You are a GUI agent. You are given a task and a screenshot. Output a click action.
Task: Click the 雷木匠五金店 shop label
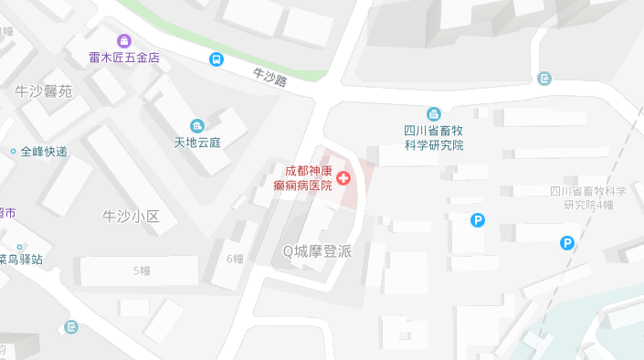[124, 58]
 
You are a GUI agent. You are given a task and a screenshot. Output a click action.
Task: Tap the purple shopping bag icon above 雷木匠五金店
[124, 41]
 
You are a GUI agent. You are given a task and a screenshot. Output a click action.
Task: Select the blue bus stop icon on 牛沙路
[216, 60]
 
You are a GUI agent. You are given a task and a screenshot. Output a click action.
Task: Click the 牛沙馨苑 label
[43, 91]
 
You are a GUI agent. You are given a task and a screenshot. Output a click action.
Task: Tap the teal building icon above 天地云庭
[197, 125]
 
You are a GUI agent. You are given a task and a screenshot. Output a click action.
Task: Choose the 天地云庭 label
[198, 143]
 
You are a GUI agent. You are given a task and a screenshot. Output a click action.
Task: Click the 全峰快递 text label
[44, 151]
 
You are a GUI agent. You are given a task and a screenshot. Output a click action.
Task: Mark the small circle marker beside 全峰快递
[13, 151]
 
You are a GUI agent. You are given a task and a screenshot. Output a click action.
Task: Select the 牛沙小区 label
[131, 217]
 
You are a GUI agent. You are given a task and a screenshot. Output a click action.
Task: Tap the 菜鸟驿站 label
[20, 259]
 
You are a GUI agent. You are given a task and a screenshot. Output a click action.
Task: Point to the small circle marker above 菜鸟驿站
[17, 246]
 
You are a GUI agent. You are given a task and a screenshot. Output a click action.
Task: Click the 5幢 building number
[142, 270]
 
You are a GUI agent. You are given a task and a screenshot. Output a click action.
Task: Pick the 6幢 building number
[235, 259]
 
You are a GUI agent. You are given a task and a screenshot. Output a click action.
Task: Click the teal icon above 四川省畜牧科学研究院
[434, 114]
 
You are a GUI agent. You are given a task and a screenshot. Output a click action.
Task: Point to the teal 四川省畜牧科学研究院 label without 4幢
[434, 138]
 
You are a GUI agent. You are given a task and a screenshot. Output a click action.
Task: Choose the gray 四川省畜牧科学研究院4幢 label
[588, 197]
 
